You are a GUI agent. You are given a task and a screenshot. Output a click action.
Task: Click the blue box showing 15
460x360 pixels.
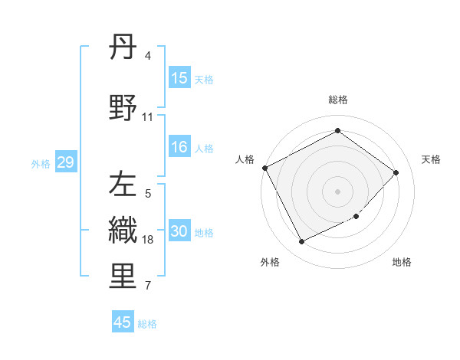[x=179, y=78]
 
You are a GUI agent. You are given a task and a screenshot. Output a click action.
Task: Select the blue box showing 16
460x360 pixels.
[x=179, y=148]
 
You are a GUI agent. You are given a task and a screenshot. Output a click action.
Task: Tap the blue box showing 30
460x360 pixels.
[x=179, y=232]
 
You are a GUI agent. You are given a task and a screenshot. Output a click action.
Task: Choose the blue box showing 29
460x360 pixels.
[x=65, y=162]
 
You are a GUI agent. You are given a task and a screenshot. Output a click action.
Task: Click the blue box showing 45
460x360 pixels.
[x=123, y=322]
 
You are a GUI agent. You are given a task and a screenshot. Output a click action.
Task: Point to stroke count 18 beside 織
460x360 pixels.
[x=149, y=240]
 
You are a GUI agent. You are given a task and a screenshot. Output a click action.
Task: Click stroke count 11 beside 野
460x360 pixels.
[x=148, y=117]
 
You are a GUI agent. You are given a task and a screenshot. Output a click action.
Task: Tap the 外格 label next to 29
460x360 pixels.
[x=41, y=163]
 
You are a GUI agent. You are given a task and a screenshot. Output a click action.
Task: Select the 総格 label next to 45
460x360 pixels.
[x=147, y=323]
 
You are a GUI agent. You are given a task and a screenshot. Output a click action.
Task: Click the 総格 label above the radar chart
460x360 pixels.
[x=338, y=100]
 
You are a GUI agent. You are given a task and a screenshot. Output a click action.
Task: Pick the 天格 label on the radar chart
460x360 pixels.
[x=432, y=159]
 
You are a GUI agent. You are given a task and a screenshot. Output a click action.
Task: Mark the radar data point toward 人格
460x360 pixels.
[x=264, y=168]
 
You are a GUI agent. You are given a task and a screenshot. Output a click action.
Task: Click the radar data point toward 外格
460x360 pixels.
[x=301, y=242]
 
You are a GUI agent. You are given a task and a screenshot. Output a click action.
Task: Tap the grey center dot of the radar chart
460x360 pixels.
[x=337, y=191]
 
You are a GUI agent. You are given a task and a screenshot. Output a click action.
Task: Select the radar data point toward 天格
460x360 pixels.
[x=396, y=172]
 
